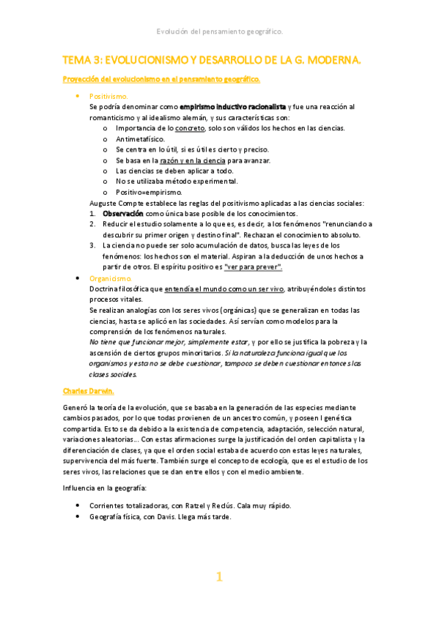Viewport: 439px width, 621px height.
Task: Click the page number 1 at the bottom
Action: [218, 577]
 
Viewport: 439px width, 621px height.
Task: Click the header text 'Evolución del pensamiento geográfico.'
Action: [220, 31]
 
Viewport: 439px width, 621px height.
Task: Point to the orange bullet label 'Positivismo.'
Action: [108, 96]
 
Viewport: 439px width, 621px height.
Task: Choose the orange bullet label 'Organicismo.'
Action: [111, 279]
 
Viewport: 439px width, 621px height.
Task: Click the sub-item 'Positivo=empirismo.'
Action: [149, 192]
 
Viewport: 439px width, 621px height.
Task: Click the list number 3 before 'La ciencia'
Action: [92, 245]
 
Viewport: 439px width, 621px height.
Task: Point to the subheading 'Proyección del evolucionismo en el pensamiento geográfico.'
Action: [161, 78]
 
